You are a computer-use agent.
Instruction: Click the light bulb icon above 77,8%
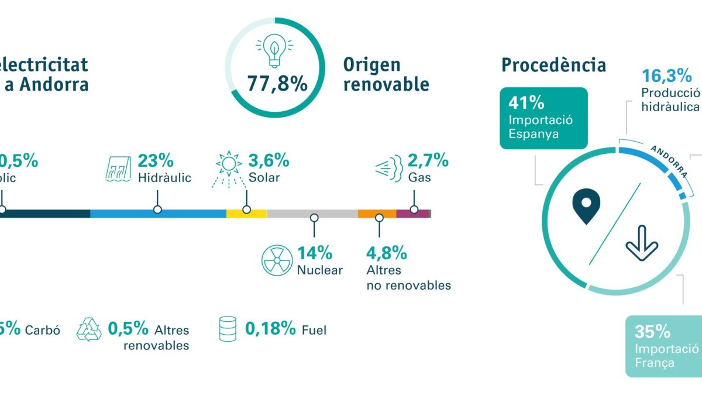click(273, 51)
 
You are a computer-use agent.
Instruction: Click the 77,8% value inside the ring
click(277, 84)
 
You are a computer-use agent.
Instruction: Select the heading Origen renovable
click(386, 74)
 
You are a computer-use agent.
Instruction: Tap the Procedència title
click(553, 65)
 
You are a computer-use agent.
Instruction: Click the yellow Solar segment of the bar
click(246, 214)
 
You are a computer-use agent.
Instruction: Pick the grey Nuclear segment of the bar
click(312, 214)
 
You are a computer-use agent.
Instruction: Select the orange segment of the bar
click(377, 214)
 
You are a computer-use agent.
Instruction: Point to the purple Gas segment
click(412, 214)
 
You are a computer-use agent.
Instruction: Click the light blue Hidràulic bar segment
click(158, 214)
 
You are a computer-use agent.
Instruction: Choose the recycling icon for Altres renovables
click(89, 329)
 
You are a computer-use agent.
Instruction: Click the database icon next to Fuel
click(227, 329)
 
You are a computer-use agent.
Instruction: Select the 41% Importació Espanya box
click(543, 118)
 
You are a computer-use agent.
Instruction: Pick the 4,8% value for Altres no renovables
click(386, 253)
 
